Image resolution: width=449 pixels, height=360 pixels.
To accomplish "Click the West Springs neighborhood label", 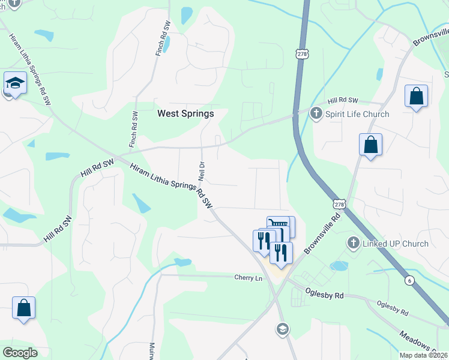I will tap(185, 113).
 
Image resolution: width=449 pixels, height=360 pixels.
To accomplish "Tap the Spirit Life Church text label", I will tap(357, 114).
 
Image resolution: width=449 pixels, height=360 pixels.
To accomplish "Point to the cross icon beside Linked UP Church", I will tap(354, 244).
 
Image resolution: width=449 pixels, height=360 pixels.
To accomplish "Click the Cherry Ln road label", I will tap(248, 278).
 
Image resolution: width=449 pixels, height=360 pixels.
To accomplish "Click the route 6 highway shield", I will tap(409, 281).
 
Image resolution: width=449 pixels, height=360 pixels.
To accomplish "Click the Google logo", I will tap(20, 353).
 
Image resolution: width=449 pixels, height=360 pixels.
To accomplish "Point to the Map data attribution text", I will tap(424, 355).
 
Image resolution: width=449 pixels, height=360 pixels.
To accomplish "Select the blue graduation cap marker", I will tap(15, 84).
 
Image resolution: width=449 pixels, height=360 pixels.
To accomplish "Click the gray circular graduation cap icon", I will tap(282, 328).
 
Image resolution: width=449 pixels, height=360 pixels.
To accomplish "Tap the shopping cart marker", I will tap(280, 227).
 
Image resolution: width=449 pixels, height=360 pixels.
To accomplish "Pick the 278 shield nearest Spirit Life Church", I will tap(301, 54).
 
